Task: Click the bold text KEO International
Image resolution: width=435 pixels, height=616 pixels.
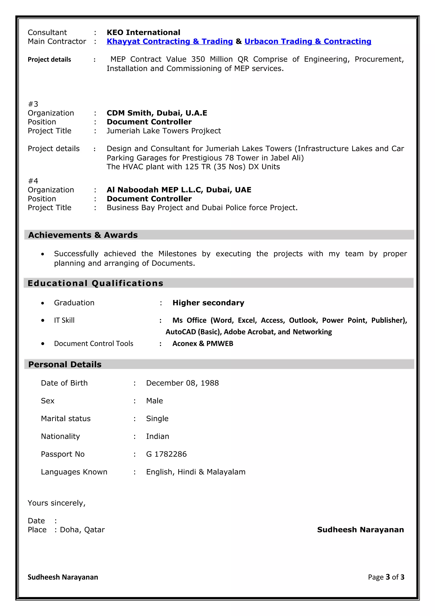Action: pos(143,33)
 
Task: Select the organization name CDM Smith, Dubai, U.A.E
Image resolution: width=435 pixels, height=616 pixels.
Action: pos(157,113)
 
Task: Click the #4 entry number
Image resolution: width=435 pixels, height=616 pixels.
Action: pos(33,181)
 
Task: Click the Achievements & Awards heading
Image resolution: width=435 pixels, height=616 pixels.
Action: pos(83,235)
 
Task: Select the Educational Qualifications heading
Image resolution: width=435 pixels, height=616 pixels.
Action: pos(95,283)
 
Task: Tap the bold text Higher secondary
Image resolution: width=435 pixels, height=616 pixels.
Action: pos(208,303)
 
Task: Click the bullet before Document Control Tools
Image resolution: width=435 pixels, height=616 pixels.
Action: pos(43,344)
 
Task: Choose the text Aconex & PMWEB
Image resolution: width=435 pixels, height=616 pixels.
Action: pos(203,344)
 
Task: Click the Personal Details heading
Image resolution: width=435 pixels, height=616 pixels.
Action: pos(65,364)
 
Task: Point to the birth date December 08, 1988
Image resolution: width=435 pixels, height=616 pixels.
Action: pos(182,383)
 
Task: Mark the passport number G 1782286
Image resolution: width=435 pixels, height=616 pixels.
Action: pos(166,454)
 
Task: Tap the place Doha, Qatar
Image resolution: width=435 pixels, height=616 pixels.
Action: pos(82,530)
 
